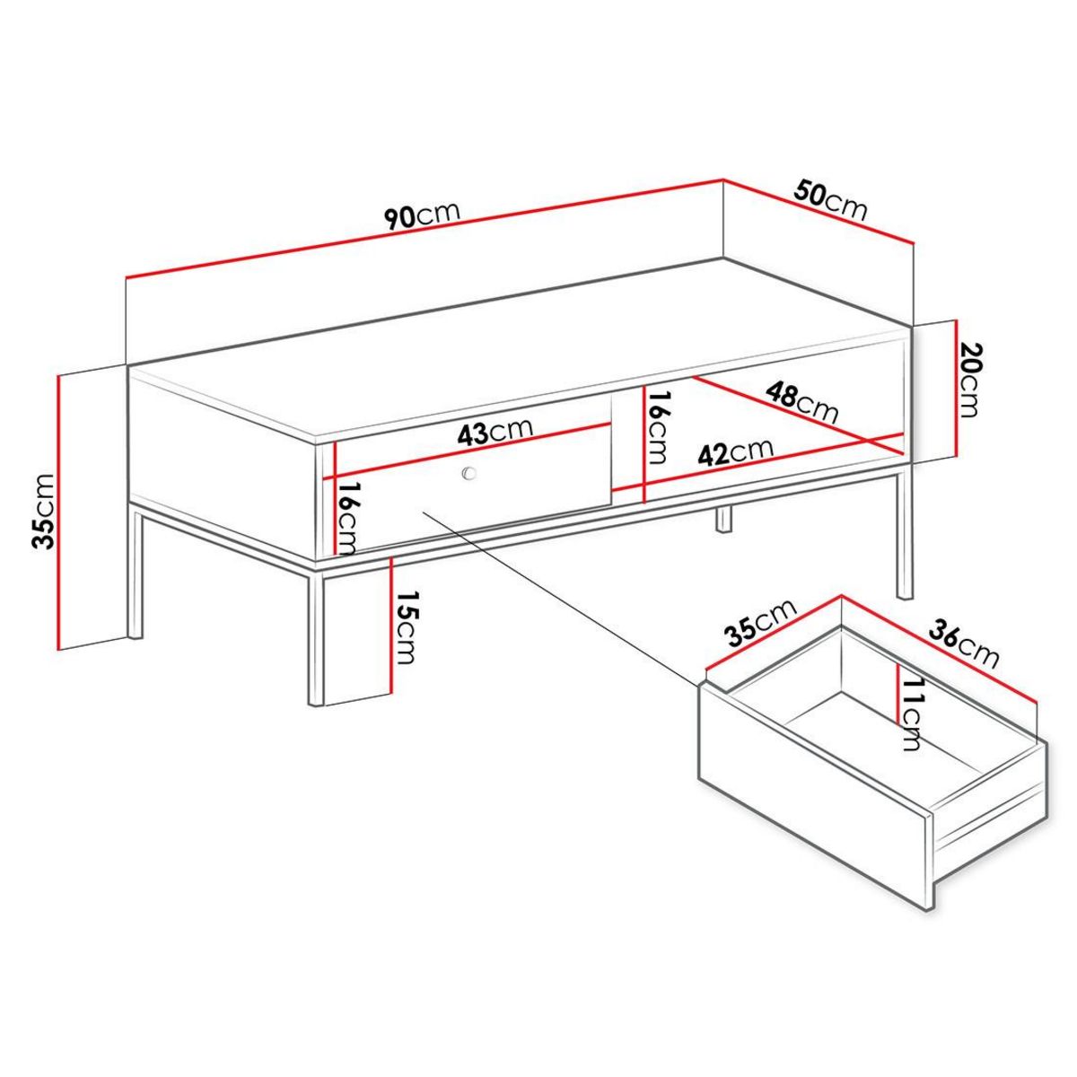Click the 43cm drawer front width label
coord(495,433)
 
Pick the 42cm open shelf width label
coord(737,451)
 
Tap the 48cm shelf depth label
coord(801,402)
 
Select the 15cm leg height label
coord(407,629)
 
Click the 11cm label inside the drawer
coord(913,714)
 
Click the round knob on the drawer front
coord(468,474)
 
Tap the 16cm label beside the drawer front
coord(348,518)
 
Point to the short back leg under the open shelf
coord(723,520)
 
